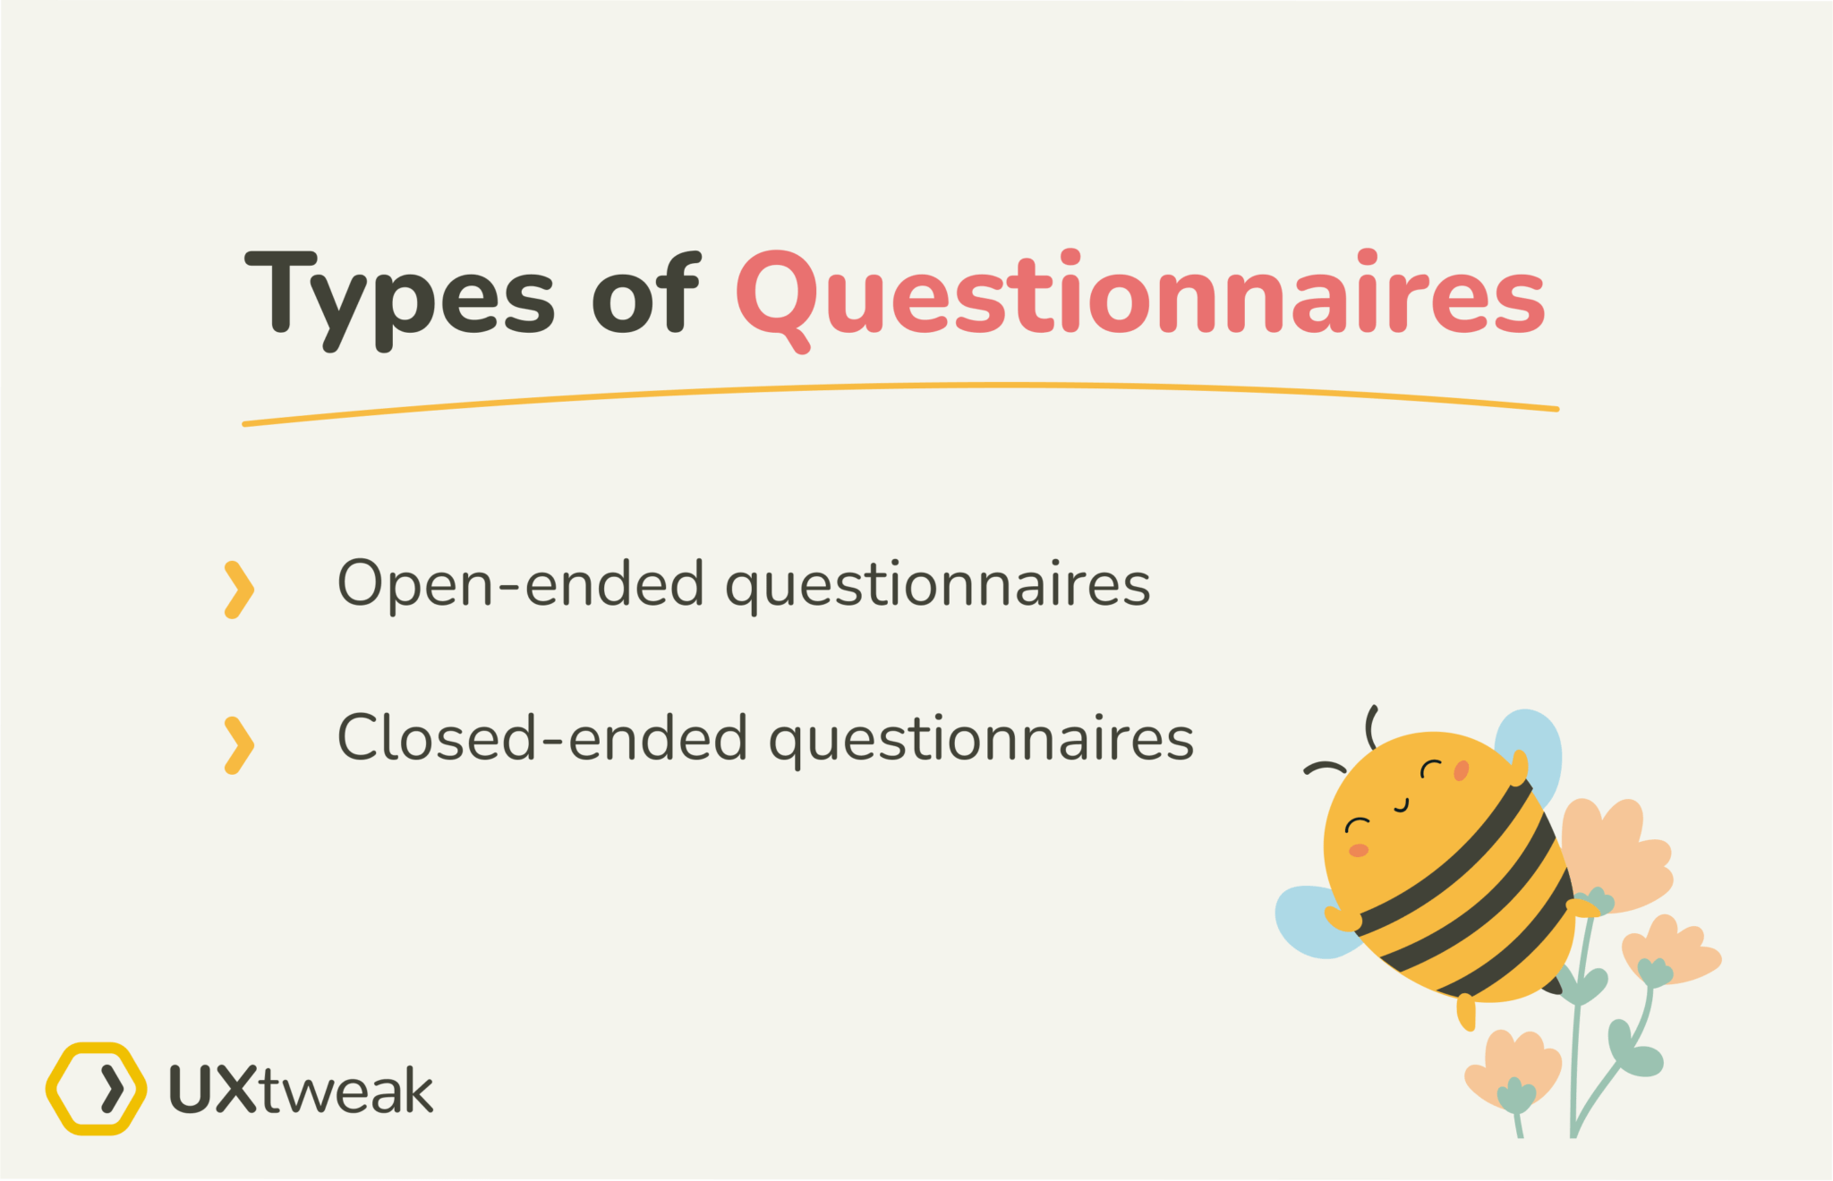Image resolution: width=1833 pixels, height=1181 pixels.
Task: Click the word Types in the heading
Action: [398, 295]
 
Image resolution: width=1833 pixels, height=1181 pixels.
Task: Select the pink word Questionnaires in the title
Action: [1140, 293]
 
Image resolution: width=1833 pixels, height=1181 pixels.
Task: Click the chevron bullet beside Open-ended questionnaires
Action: [238, 590]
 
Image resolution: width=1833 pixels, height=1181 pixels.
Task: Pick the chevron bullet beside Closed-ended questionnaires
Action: [238, 744]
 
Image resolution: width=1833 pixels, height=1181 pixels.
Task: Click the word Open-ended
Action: [520, 583]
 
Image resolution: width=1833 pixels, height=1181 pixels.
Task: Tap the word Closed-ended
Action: [541, 738]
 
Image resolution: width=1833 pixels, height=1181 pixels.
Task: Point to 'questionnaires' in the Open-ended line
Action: [937, 586]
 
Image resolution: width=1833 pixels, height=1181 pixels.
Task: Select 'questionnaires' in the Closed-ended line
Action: [982, 741]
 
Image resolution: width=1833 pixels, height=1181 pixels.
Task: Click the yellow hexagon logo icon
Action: [96, 1088]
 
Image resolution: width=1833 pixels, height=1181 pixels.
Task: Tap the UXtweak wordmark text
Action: [302, 1090]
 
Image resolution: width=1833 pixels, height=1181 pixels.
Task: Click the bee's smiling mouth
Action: [1402, 806]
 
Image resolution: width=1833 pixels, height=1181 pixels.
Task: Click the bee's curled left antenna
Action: [1324, 768]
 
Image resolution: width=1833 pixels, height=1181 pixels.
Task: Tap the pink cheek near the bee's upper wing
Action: [1462, 770]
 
